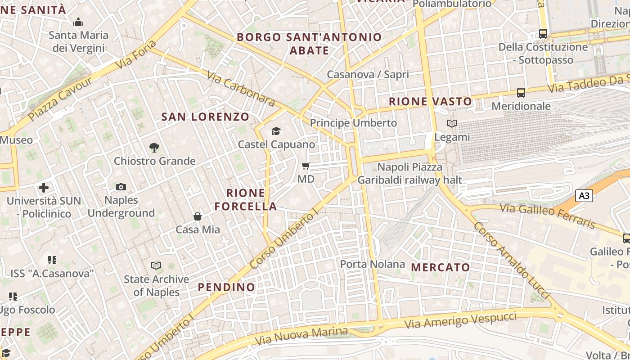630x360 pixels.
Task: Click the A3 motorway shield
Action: pyautogui.click(x=584, y=196)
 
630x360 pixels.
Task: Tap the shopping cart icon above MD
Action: pyautogui.click(x=306, y=166)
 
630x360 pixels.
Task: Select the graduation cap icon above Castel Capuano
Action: pyautogui.click(x=276, y=131)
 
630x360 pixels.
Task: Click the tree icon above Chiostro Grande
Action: pyautogui.click(x=154, y=147)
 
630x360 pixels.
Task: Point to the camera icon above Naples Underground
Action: pyautogui.click(x=121, y=187)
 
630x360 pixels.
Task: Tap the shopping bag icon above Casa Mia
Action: pyautogui.click(x=198, y=216)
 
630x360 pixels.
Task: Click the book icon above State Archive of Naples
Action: pyautogui.click(x=156, y=266)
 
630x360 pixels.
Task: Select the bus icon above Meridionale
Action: pyautogui.click(x=521, y=93)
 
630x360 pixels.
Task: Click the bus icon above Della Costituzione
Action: pyautogui.click(x=543, y=34)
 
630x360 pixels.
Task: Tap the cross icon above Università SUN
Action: pyautogui.click(x=44, y=187)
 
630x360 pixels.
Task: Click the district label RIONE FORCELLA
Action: pyautogui.click(x=246, y=200)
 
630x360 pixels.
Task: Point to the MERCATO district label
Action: pyautogui.click(x=441, y=267)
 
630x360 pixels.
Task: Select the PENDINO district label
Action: pyautogui.click(x=226, y=287)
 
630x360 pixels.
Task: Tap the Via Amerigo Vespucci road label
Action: pyautogui.click(x=460, y=320)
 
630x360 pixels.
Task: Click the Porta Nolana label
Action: pyautogui.click(x=373, y=264)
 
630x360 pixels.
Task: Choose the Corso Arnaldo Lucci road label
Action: pyautogui.click(x=511, y=260)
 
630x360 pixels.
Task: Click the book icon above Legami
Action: pyautogui.click(x=451, y=123)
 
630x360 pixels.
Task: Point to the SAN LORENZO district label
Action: pyautogui.click(x=205, y=117)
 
